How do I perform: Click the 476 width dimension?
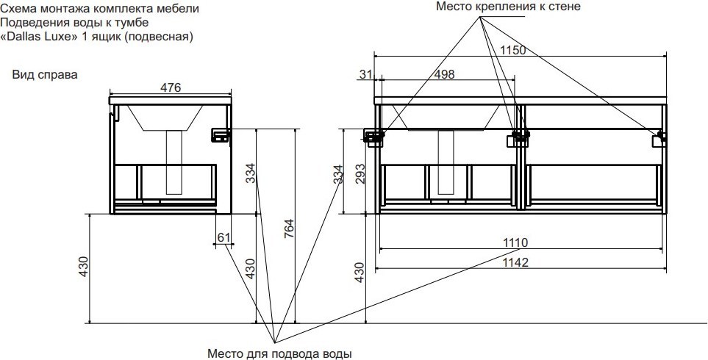(171, 88)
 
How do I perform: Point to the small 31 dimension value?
(367, 74)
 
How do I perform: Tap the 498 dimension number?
(445, 74)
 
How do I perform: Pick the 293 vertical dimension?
(360, 173)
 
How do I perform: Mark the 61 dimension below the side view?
(224, 237)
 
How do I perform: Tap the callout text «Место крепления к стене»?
(508, 7)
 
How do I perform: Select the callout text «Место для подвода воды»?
(279, 354)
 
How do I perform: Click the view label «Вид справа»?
(45, 75)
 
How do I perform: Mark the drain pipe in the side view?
(175, 162)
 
